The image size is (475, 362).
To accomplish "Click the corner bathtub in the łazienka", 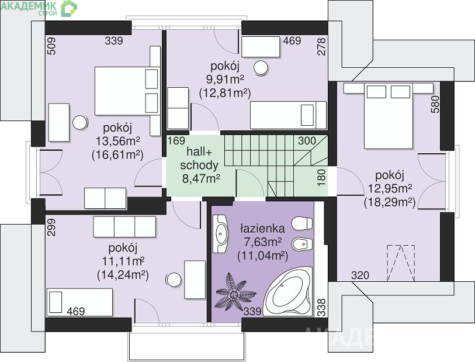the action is [x=288, y=292].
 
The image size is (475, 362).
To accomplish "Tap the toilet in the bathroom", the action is [x=301, y=223].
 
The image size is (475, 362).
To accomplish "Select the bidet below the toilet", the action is [x=301, y=244].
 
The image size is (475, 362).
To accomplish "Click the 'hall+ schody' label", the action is [x=199, y=158].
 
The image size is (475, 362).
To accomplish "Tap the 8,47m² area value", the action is [x=201, y=178].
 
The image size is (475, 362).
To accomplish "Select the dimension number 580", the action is [x=435, y=104].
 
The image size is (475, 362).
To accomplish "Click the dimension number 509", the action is [x=51, y=46].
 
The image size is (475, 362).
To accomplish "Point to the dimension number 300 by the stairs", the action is [x=307, y=141].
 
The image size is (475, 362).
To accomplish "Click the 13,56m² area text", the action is [x=118, y=141].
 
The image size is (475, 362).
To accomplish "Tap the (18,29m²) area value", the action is [x=389, y=202].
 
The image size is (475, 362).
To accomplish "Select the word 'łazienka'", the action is [x=262, y=228].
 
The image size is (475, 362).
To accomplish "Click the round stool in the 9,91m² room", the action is [x=261, y=68].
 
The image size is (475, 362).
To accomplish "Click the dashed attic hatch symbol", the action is [x=401, y=262].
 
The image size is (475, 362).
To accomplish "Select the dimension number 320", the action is [x=360, y=275].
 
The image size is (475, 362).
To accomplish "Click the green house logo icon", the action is [x=69, y=8].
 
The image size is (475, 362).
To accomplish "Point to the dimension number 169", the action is [x=176, y=141].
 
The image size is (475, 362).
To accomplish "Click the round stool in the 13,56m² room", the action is [x=80, y=123].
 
